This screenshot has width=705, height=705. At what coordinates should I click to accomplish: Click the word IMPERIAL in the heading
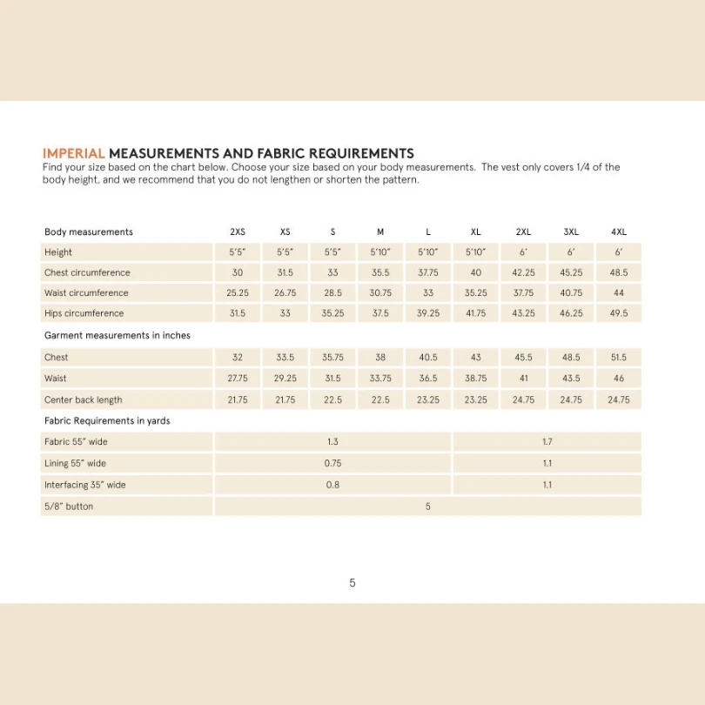point(74,153)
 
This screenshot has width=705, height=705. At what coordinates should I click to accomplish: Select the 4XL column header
point(619,232)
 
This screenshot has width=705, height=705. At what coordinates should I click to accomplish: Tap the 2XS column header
point(238,232)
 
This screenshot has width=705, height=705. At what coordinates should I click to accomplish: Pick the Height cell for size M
point(380,252)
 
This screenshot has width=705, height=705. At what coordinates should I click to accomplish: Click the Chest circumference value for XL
point(476,272)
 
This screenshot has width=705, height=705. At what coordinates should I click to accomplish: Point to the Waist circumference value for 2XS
point(238,293)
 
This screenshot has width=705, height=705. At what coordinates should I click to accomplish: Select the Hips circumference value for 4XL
point(619,313)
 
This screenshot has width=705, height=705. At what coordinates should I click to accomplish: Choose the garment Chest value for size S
point(332,358)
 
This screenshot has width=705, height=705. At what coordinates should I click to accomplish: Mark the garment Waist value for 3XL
point(571,379)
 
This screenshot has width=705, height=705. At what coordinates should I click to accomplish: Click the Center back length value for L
point(428,400)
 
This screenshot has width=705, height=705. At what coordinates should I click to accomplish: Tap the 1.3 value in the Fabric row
point(332,442)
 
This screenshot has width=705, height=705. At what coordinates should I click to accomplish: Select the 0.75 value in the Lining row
point(332,464)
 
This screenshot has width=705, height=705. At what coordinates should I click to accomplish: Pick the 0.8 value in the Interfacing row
point(332,485)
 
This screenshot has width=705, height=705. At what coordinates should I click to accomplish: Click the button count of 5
point(428,507)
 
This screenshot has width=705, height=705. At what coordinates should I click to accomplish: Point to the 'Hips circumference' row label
point(84,313)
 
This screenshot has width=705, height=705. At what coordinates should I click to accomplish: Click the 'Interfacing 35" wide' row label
point(85,485)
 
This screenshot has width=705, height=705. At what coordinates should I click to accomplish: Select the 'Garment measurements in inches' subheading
point(117,335)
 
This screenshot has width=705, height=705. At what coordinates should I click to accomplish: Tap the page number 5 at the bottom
point(352,583)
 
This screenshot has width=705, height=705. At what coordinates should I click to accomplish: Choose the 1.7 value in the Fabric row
point(547,442)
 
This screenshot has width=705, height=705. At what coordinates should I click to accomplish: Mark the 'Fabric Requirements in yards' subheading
point(107,421)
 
